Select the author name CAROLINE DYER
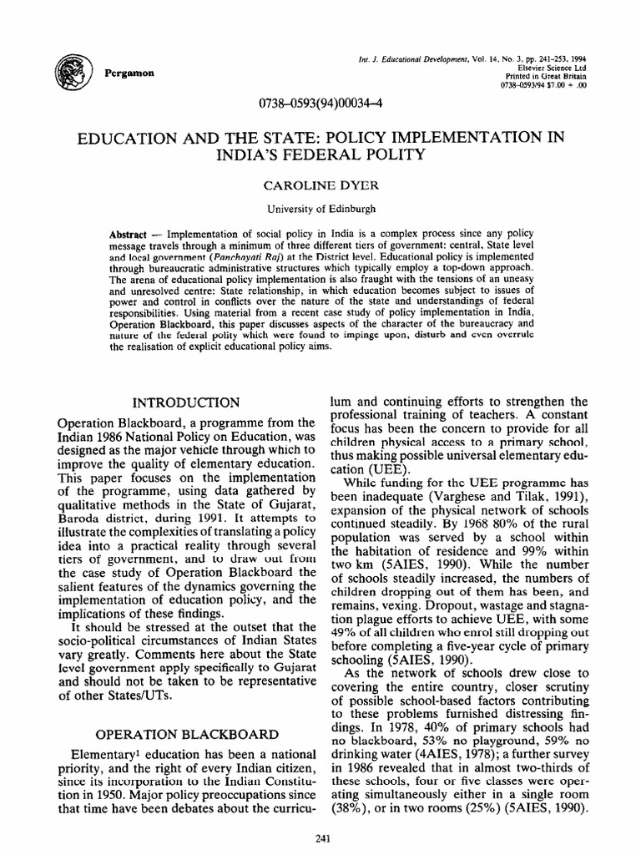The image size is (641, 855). coord(320,185)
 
